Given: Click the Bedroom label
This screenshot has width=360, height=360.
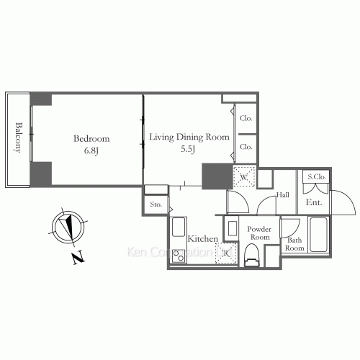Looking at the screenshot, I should pyautogui.click(x=90, y=138).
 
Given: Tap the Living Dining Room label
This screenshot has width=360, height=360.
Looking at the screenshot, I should pyautogui.click(x=189, y=137).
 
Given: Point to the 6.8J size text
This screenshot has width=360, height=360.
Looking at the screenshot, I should pyautogui.click(x=90, y=151).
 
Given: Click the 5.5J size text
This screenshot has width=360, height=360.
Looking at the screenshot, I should pyautogui.click(x=189, y=150).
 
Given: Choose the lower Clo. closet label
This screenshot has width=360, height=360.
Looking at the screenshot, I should pyautogui.click(x=246, y=146).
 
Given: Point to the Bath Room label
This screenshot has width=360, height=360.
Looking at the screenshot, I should pyautogui.click(x=294, y=243).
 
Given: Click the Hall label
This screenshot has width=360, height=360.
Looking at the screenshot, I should pyautogui.click(x=283, y=194).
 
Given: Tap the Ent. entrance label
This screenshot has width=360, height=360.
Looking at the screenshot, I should pyautogui.click(x=314, y=203).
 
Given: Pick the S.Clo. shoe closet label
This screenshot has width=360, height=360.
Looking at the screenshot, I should pyautogui.click(x=317, y=177).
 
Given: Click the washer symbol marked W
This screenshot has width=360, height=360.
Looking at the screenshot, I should pyautogui.click(x=244, y=176).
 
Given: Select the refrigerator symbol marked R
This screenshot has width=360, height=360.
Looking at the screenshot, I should pyautogui.click(x=226, y=252).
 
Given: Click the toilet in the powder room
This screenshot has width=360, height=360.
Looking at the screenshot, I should pyautogui.click(x=251, y=253).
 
